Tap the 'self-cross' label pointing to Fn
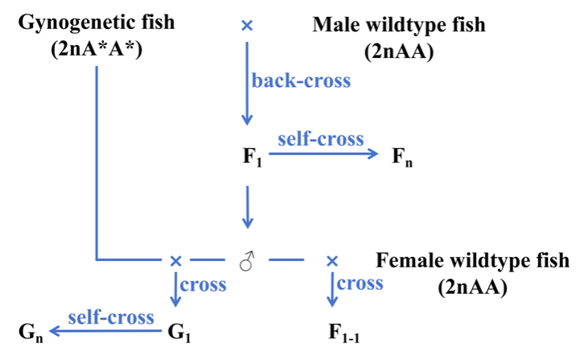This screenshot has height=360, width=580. [321, 139]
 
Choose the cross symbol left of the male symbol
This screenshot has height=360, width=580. [176, 260]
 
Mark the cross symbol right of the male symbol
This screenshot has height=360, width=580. [331, 260]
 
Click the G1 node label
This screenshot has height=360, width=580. [180, 331]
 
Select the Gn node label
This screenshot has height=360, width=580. [31, 331]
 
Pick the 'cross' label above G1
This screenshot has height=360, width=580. [203, 284]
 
